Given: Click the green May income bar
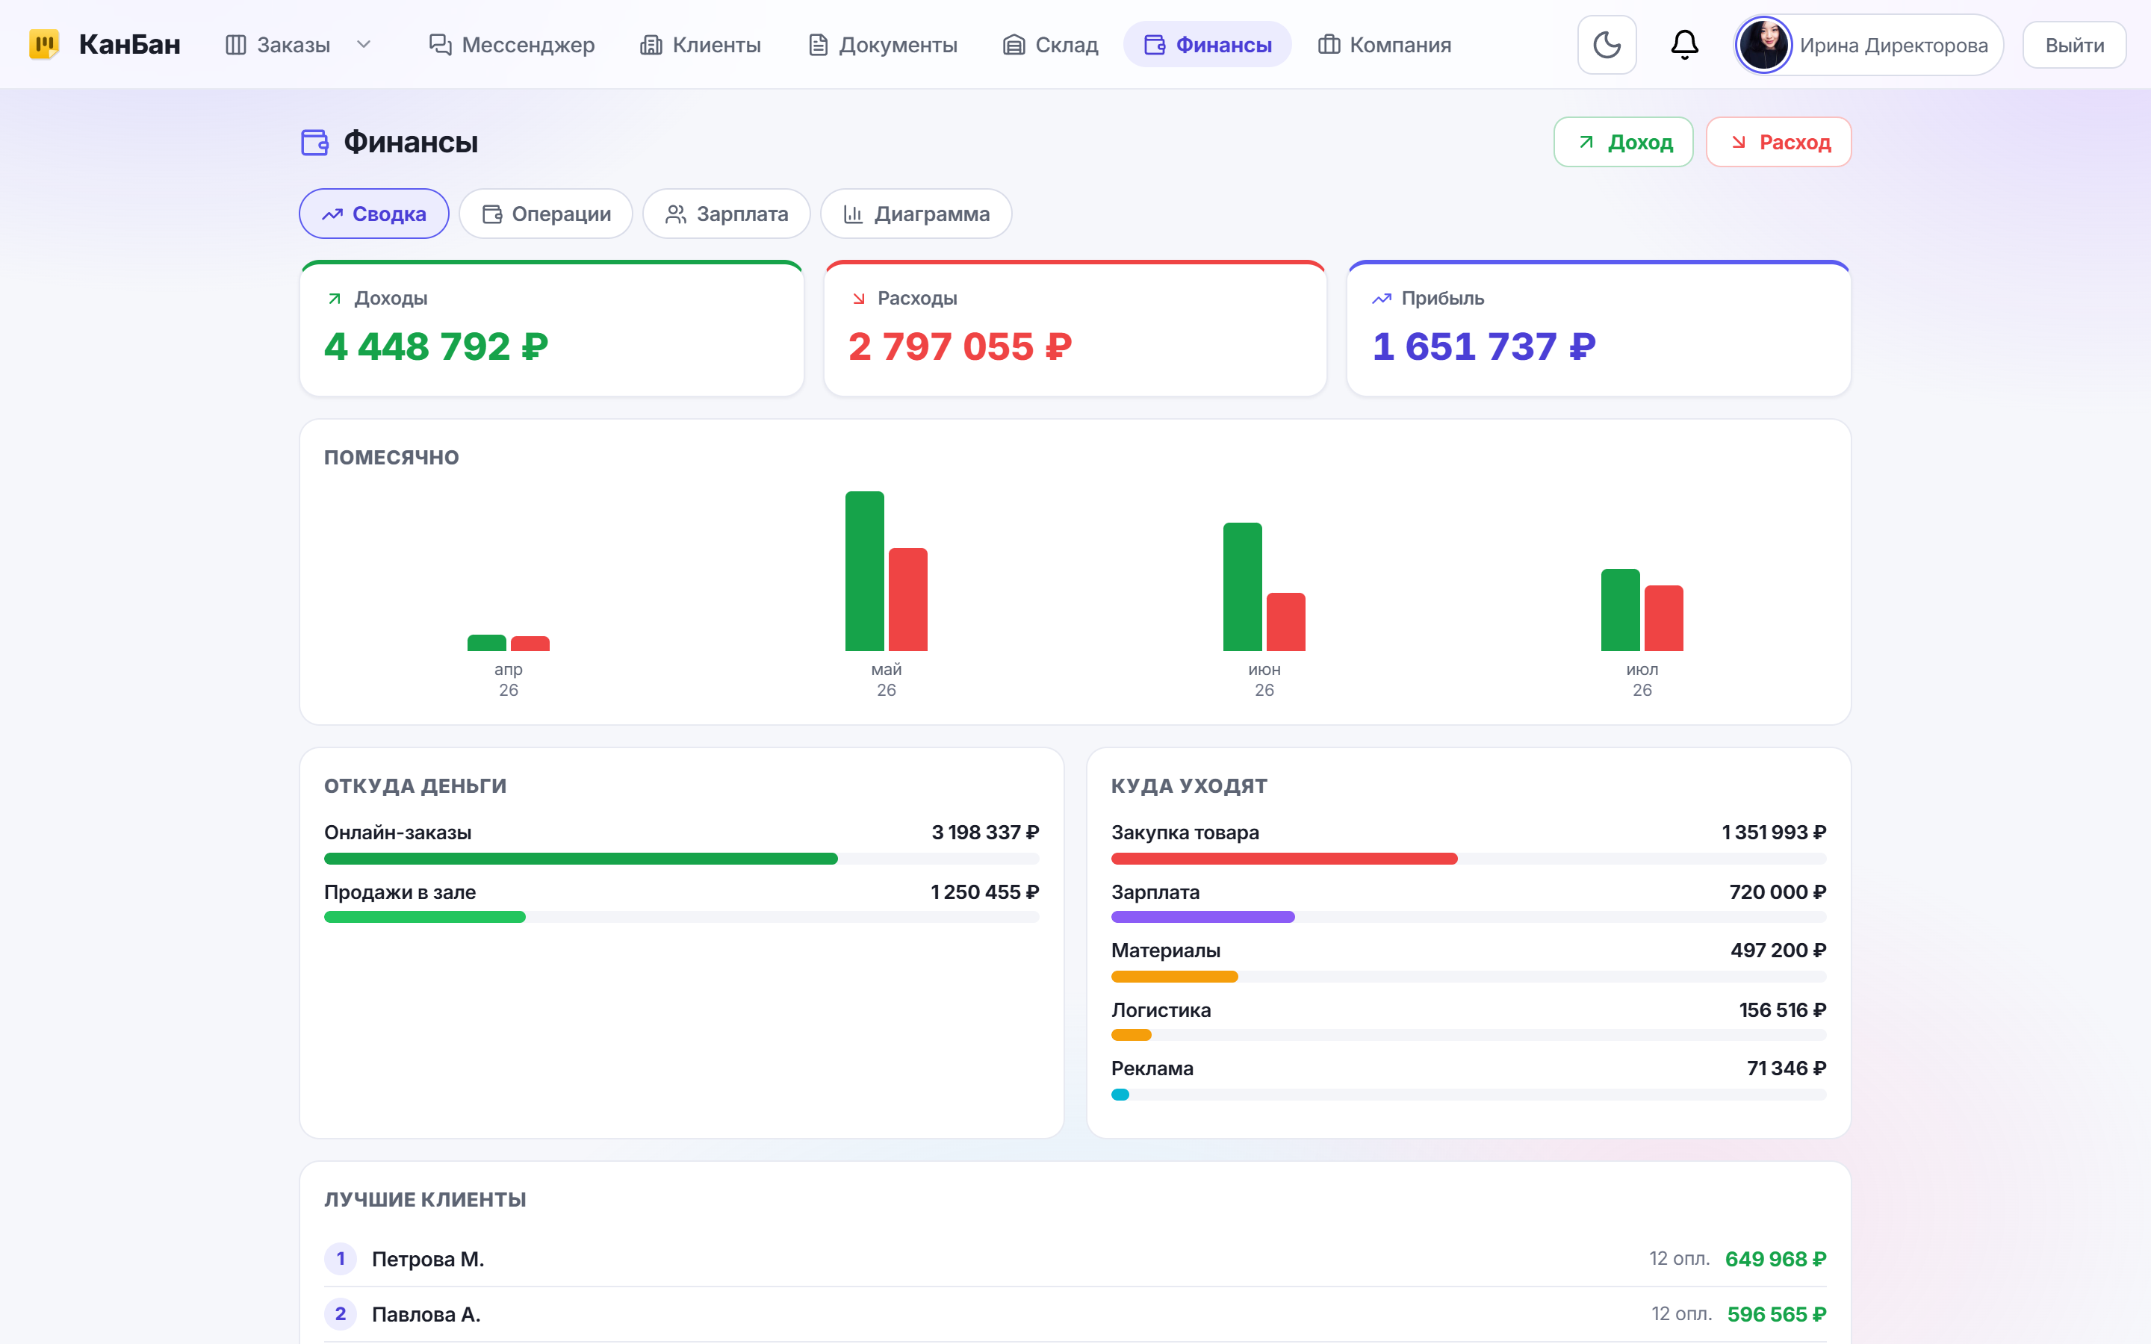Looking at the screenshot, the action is click(864, 570).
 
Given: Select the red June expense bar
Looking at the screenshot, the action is click(1285, 621).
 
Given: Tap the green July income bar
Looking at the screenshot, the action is click(1619, 610).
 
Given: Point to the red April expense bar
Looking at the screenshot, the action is click(530, 644).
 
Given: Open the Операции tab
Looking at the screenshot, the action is click(546, 214).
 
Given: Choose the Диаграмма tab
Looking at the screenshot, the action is click(916, 214).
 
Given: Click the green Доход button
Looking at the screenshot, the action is click(1623, 142).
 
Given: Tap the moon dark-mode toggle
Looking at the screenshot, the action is click(1606, 45).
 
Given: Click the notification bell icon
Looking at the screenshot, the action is click(1684, 45).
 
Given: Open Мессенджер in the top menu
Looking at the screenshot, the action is click(512, 46).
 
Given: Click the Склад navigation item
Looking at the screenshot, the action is click(1051, 46).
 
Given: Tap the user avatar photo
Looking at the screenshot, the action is click(1763, 45).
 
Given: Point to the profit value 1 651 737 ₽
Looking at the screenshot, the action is click(1483, 346).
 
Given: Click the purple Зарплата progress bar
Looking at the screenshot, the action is click(1202, 916).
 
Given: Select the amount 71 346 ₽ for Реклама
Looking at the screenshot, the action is click(1786, 1068).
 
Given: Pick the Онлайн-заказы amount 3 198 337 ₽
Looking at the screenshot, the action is click(985, 833).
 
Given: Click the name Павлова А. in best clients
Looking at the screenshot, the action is click(426, 1314).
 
